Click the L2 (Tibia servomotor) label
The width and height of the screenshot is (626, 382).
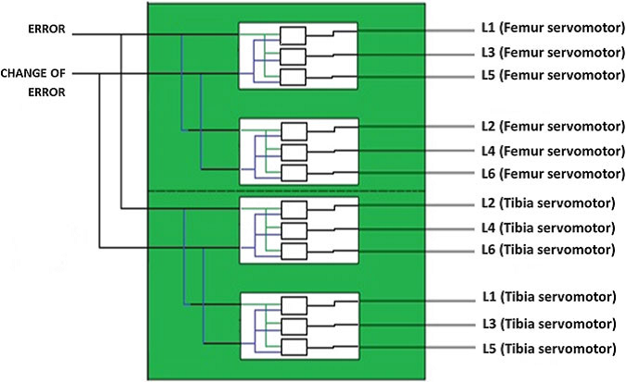(548, 203)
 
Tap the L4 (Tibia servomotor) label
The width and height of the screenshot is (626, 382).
(548, 227)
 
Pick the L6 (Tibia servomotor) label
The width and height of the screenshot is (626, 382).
(548, 249)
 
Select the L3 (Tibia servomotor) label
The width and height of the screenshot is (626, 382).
(548, 325)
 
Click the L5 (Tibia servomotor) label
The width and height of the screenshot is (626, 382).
(548, 348)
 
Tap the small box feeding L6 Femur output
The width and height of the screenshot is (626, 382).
(293, 173)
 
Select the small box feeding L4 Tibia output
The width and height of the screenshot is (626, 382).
(293, 230)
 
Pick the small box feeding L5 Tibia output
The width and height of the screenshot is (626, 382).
(293, 348)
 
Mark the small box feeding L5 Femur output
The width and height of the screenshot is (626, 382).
(293, 77)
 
